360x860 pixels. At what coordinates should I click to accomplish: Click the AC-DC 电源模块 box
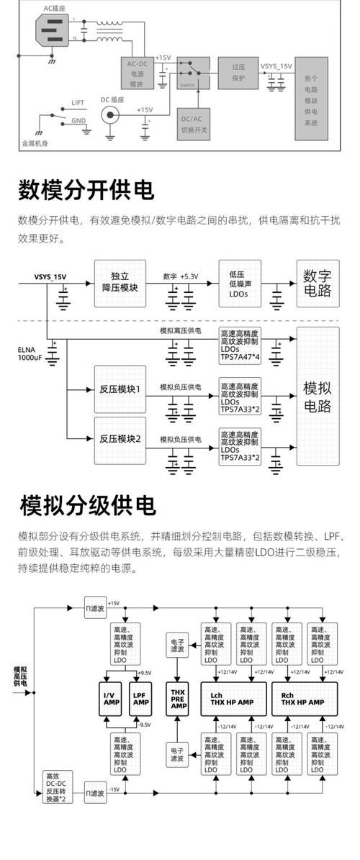pyautogui.click(x=137, y=73)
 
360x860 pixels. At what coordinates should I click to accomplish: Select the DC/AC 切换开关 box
pyautogui.click(x=194, y=125)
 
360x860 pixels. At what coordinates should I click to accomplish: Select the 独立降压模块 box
pyautogui.click(x=120, y=281)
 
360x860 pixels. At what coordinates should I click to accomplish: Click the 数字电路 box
pyautogui.click(x=317, y=283)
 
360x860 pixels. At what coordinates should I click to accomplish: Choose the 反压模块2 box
pyautogui.click(x=120, y=439)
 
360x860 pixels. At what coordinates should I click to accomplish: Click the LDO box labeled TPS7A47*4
pyautogui.click(x=244, y=343)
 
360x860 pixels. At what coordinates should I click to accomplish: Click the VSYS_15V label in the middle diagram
pyautogui.click(x=50, y=276)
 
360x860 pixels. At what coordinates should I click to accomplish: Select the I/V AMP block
pyautogui.click(x=112, y=697)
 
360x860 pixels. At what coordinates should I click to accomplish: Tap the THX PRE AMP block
pyautogui.click(x=177, y=697)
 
